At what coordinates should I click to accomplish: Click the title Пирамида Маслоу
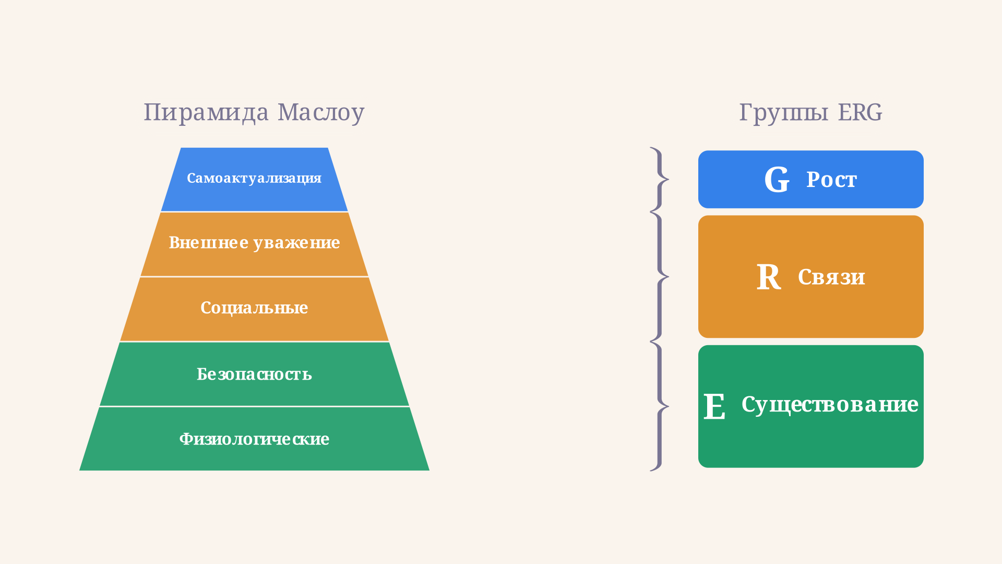point(254,112)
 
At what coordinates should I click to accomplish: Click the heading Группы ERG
point(810,112)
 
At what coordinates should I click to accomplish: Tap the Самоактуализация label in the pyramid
point(254,179)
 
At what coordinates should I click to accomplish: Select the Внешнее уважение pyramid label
point(254,243)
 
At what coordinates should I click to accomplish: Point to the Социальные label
point(254,308)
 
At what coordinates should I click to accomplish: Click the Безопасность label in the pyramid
point(254,374)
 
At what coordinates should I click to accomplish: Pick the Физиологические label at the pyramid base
point(254,439)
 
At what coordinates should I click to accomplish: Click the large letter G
point(777,180)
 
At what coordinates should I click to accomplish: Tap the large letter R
point(769,277)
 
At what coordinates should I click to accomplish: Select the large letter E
point(714,406)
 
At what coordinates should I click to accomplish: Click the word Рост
point(831,180)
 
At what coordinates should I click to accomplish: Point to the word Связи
point(831,277)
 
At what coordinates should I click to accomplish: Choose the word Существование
point(830,405)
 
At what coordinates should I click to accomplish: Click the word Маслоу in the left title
point(321,113)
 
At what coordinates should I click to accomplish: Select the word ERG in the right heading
point(860,112)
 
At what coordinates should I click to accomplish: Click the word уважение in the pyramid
point(297,243)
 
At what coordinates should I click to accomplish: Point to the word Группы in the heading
point(783,113)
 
